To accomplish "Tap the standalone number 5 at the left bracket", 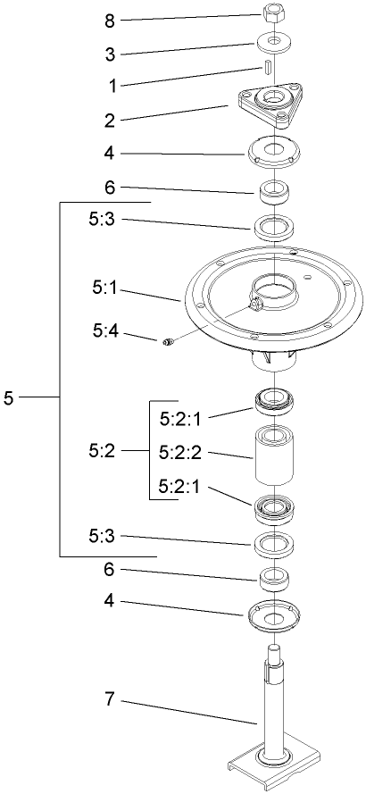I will click(8, 397).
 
